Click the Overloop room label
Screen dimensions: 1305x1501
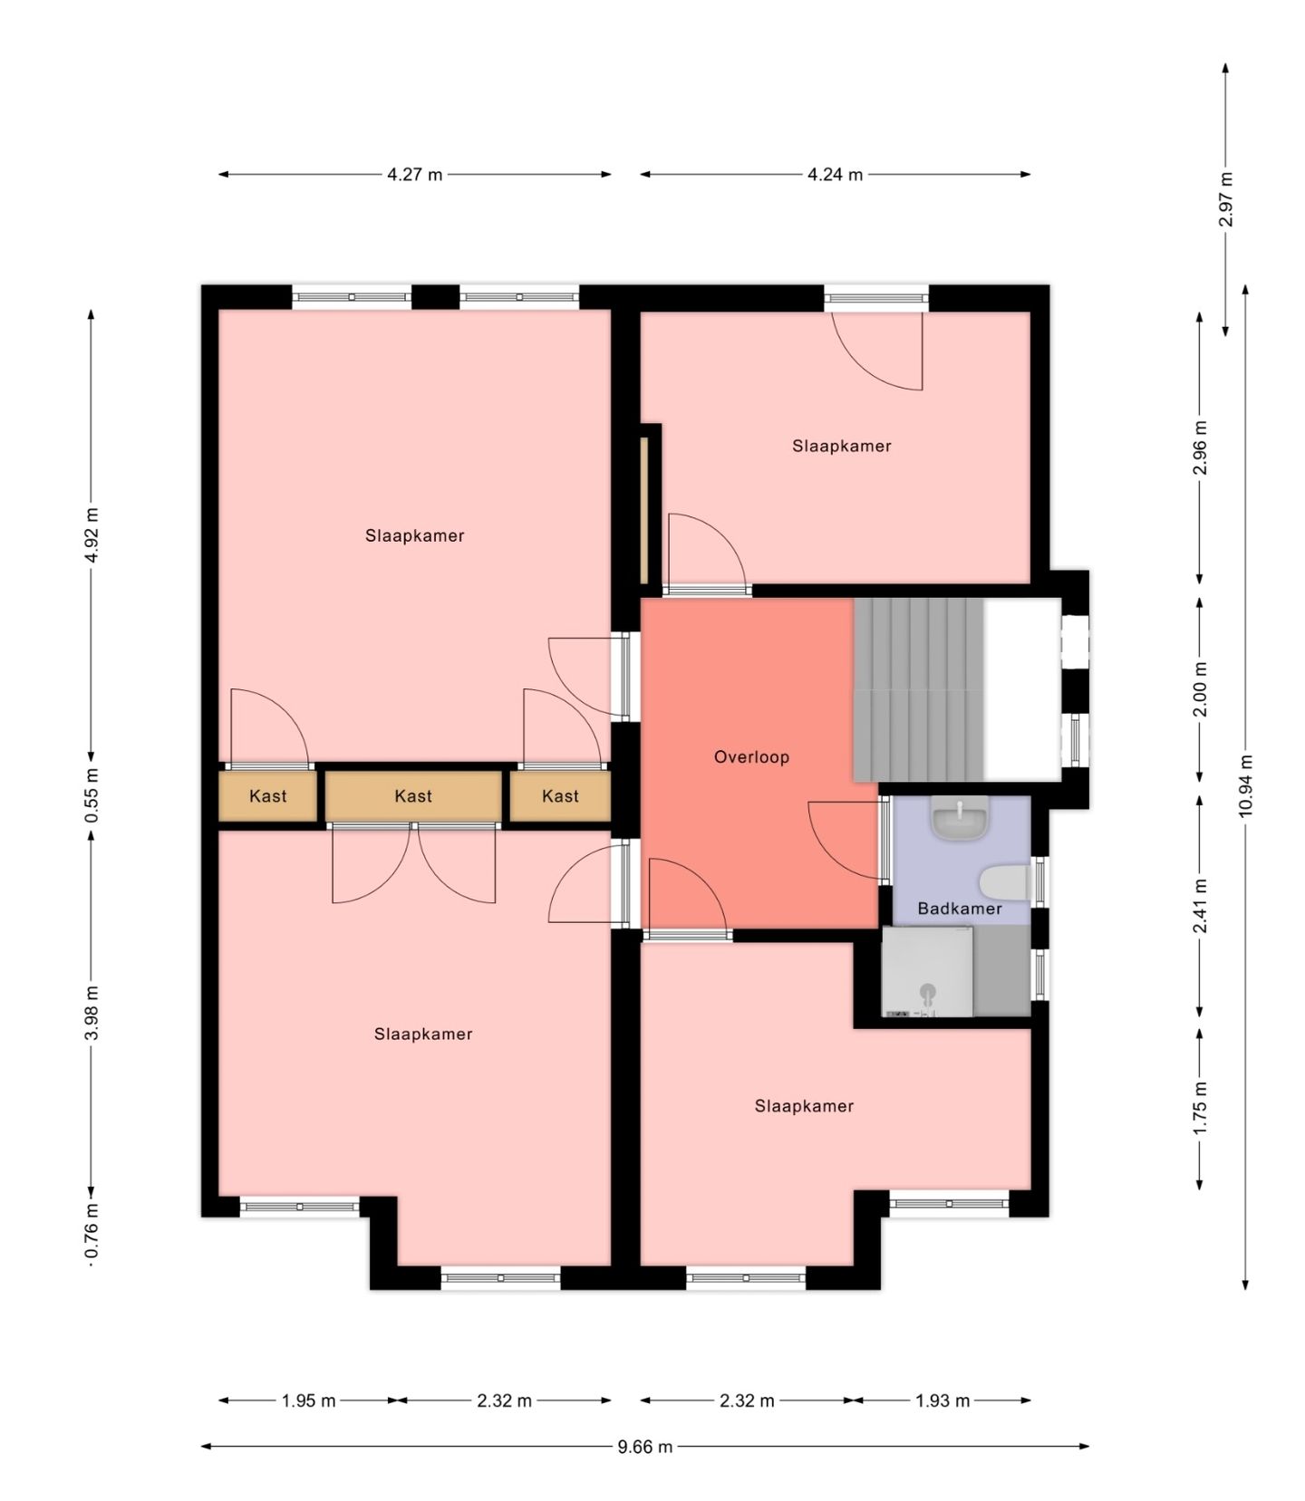[751, 756]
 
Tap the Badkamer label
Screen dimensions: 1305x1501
[960, 909]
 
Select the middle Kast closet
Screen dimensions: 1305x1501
[413, 796]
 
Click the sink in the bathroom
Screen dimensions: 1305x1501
[960, 819]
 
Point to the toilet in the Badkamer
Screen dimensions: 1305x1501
[1005, 883]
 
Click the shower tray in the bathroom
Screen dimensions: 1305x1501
[928, 971]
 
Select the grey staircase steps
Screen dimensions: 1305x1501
[919, 689]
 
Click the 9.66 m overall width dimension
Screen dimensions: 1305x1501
[645, 1447]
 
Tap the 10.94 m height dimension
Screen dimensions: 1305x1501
[1245, 786]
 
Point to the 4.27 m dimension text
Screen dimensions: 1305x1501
[415, 175]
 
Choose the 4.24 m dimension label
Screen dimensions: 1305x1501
[836, 175]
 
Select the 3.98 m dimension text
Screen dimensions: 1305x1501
[92, 1014]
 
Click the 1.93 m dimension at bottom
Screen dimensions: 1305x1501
[942, 1400]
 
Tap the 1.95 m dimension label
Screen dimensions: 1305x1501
[308, 1400]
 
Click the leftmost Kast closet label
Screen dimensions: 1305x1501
[268, 796]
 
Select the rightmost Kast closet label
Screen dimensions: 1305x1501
[560, 796]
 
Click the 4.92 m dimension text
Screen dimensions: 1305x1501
[92, 535]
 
